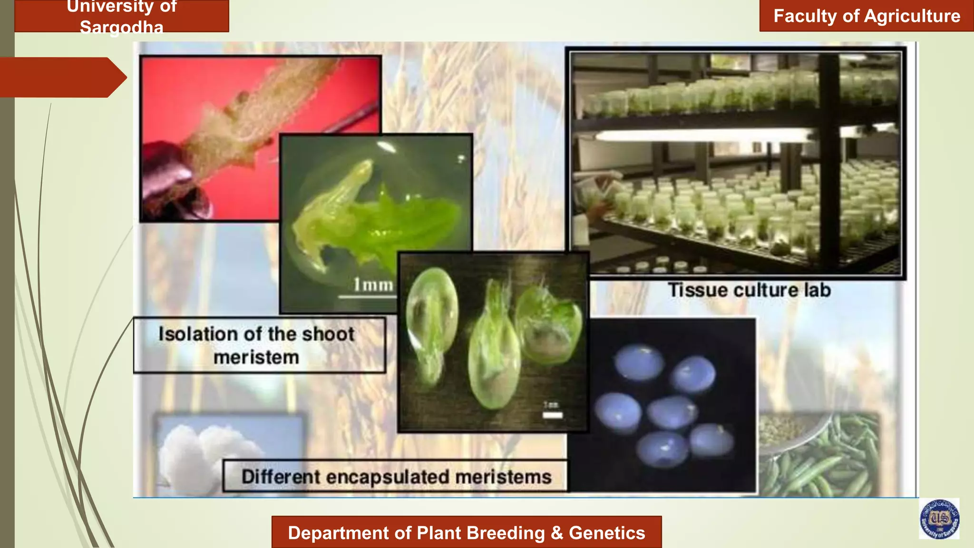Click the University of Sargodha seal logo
(x=939, y=519)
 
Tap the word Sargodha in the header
(x=121, y=27)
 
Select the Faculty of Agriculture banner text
(x=867, y=16)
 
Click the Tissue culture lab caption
(x=749, y=290)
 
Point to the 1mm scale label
(x=373, y=284)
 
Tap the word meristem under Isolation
(x=256, y=357)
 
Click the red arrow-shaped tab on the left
(x=62, y=77)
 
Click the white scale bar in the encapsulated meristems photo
(x=552, y=415)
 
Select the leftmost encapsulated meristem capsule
(x=432, y=323)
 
